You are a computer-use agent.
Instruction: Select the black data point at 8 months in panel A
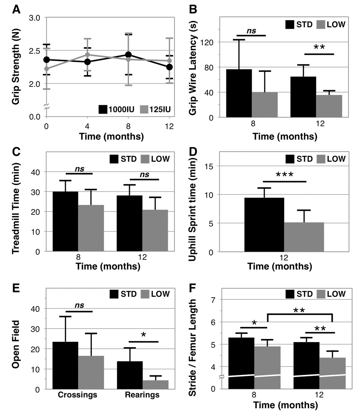point(128,55)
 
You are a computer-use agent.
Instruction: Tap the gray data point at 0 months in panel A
point(46,68)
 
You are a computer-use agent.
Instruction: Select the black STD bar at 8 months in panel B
point(239,93)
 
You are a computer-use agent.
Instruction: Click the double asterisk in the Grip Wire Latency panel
point(319,48)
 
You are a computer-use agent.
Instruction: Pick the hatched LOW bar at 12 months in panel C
point(155,231)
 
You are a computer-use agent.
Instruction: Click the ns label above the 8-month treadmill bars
point(79,169)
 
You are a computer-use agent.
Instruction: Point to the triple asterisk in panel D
point(284,174)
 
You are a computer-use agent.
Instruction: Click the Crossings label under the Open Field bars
point(77,395)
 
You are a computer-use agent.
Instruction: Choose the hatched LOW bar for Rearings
point(155,384)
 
